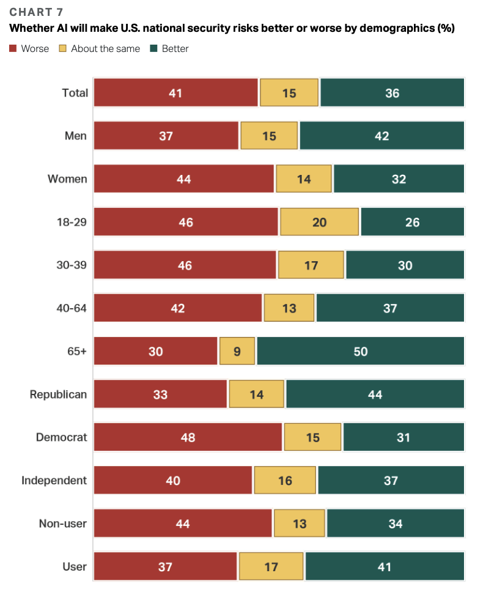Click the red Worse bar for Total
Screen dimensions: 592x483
175,93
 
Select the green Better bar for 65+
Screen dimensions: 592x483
360,352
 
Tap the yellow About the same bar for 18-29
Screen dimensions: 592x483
319,222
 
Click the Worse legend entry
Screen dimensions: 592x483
29,48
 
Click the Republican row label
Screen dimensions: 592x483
58,394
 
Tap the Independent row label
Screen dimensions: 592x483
54,481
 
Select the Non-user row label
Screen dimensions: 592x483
62,524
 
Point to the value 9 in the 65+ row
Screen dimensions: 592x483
237,352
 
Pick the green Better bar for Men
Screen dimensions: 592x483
382,136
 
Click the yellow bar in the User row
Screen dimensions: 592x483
271,567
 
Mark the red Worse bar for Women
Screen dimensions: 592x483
183,179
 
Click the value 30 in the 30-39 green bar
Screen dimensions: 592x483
405,265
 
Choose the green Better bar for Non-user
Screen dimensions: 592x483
395,524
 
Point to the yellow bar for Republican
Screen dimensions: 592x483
256,394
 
